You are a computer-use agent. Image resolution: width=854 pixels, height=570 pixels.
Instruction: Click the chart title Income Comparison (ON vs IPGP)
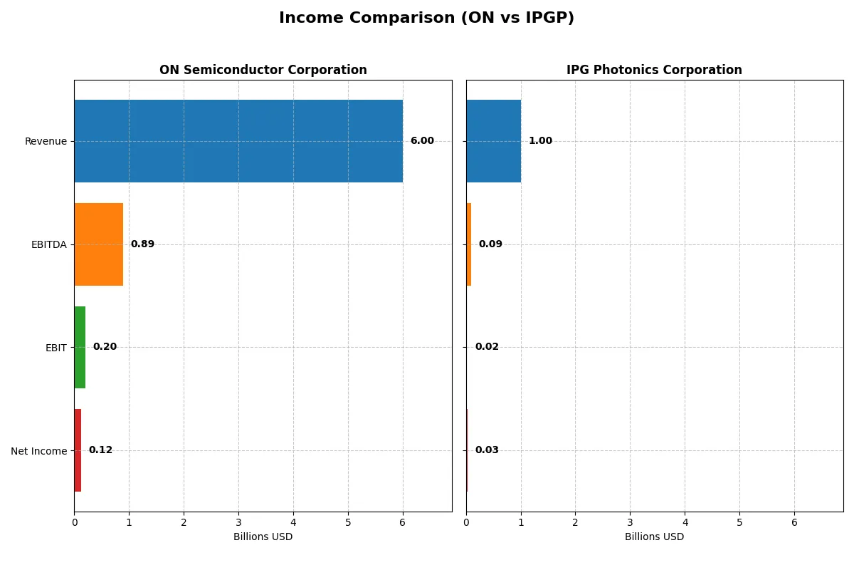tap(426, 19)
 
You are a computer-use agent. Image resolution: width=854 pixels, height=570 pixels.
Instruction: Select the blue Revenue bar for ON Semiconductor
tap(238, 141)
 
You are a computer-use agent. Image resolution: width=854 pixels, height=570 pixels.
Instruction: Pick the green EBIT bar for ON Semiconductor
tap(80, 348)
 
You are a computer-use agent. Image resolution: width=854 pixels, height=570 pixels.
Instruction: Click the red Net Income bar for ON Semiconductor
tap(78, 450)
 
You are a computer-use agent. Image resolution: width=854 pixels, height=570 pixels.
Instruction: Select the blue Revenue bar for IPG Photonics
tap(493, 141)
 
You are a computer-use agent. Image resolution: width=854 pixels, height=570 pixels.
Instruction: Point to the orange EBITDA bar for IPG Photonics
tap(469, 244)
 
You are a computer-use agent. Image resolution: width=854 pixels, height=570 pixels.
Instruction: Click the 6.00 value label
tap(422, 141)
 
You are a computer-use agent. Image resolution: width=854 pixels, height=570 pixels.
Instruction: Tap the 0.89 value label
tap(142, 244)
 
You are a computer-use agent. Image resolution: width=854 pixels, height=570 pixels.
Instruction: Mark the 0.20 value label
tap(105, 347)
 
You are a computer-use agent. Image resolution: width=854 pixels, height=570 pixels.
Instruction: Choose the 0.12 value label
tap(100, 450)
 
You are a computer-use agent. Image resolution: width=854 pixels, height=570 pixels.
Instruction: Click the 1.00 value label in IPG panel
tap(540, 141)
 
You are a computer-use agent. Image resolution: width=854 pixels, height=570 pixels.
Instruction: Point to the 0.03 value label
tap(487, 450)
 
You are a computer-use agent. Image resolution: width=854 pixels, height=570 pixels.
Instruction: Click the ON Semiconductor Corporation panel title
tap(263, 71)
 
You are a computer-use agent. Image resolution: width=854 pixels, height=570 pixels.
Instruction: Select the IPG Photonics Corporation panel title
tap(654, 71)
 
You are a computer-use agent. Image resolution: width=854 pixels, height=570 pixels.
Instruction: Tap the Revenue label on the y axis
tap(46, 141)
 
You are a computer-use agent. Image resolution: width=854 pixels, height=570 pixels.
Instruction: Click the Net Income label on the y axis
tap(38, 451)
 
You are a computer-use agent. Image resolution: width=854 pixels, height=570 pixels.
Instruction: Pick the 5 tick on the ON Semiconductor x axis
tap(348, 522)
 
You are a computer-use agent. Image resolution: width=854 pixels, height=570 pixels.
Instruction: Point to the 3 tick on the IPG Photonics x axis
tap(630, 522)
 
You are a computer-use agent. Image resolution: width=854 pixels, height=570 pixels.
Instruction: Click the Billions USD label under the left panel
tap(263, 537)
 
